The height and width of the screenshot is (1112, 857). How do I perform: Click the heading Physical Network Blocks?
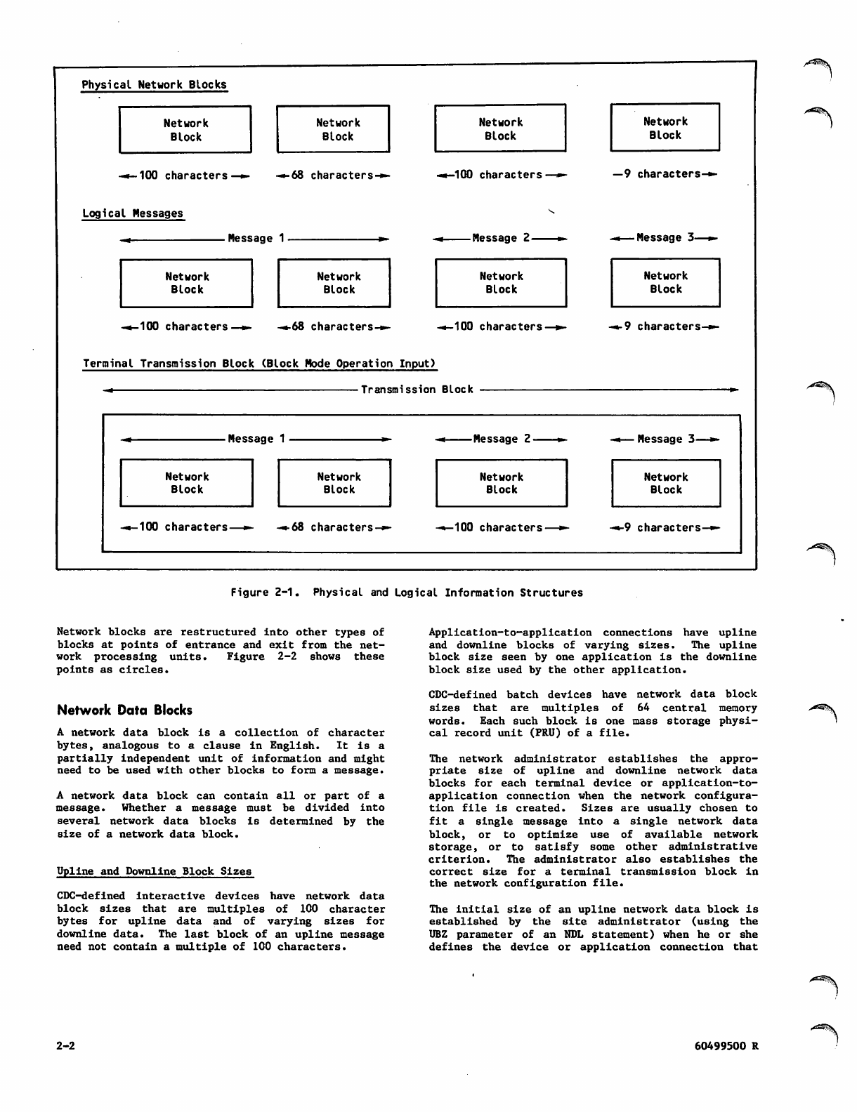[154, 85]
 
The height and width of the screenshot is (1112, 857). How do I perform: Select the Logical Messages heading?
[132, 213]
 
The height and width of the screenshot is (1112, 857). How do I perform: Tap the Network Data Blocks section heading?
[124, 710]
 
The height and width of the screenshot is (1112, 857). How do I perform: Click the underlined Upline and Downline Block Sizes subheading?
[154, 871]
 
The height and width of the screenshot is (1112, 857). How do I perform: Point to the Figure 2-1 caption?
[407, 593]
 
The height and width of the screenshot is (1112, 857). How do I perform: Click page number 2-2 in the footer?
[65, 1045]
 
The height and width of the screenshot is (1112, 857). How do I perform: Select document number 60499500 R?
[725, 1045]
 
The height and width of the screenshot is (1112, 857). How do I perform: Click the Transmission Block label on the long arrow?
[417, 390]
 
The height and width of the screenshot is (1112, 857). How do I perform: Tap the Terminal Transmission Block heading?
[259, 364]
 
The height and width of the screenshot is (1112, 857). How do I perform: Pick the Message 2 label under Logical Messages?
[501, 238]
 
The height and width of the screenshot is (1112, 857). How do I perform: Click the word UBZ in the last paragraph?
[439, 934]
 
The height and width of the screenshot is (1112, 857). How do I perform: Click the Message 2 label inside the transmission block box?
[502, 439]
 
